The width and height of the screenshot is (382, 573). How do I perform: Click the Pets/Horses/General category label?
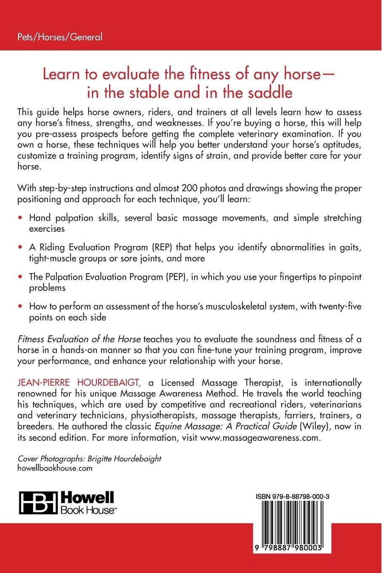coord(59,37)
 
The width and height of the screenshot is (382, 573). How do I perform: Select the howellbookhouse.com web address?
coord(55,468)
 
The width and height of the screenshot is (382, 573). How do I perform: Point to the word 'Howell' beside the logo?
coord(88,498)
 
